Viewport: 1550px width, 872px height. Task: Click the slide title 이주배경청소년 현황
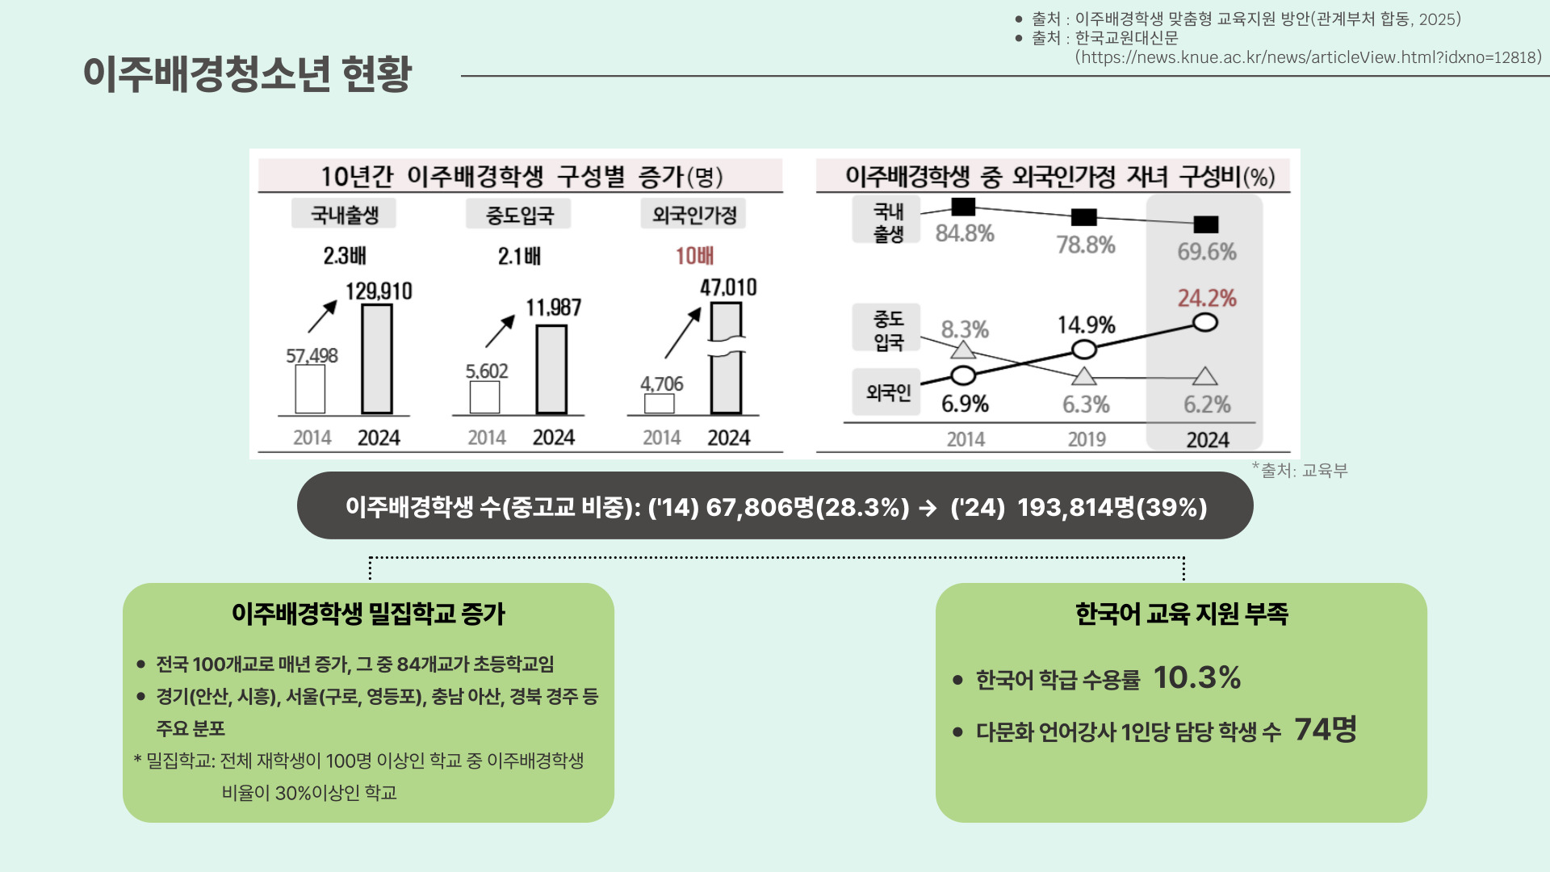[247, 74]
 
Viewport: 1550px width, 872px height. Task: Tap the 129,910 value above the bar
[379, 291]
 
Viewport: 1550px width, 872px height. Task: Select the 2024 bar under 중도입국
[551, 369]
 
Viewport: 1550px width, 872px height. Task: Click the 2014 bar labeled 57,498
[310, 388]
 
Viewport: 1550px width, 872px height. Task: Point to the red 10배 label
[694, 256]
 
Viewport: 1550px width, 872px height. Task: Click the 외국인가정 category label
[694, 215]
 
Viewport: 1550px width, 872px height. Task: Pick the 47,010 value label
[728, 287]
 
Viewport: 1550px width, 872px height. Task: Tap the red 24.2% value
[1207, 299]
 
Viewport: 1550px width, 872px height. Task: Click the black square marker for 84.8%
[963, 208]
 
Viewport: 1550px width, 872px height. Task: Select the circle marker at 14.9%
[1084, 350]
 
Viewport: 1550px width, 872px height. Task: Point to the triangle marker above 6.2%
[1205, 376]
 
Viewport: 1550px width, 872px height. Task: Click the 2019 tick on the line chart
[1087, 439]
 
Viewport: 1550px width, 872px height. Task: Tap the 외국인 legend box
[887, 392]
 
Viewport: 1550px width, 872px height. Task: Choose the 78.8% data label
[1086, 245]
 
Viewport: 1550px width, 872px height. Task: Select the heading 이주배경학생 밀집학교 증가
[368, 614]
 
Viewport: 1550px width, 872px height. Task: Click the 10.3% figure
[1196, 677]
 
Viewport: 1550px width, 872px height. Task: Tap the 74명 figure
[1325, 729]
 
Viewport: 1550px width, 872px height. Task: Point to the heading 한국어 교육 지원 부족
[1181, 614]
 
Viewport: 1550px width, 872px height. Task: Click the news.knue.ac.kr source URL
[1308, 57]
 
